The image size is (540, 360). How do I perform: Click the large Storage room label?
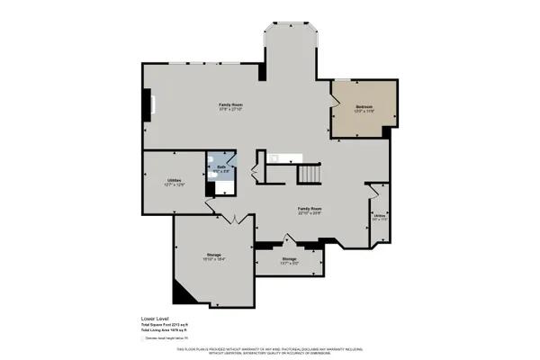pyautogui.click(x=213, y=256)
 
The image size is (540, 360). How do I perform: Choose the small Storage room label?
pyautogui.click(x=288, y=262)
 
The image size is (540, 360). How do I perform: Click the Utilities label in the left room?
pyautogui.click(x=175, y=181)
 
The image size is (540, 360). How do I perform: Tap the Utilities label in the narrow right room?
pyautogui.click(x=380, y=216)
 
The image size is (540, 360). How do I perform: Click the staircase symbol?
pyautogui.click(x=310, y=171)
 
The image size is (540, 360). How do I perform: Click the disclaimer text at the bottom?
pyautogui.click(x=270, y=350)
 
